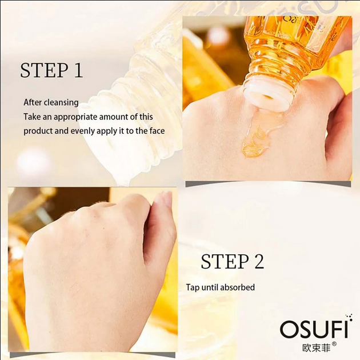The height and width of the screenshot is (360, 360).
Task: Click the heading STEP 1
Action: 51,70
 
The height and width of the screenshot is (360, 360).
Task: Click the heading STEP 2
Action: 232,261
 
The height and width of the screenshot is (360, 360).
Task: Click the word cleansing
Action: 63,103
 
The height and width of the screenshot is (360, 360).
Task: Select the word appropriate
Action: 77,117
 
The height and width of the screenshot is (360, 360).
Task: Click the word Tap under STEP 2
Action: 193,287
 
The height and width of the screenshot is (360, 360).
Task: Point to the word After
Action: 32,103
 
